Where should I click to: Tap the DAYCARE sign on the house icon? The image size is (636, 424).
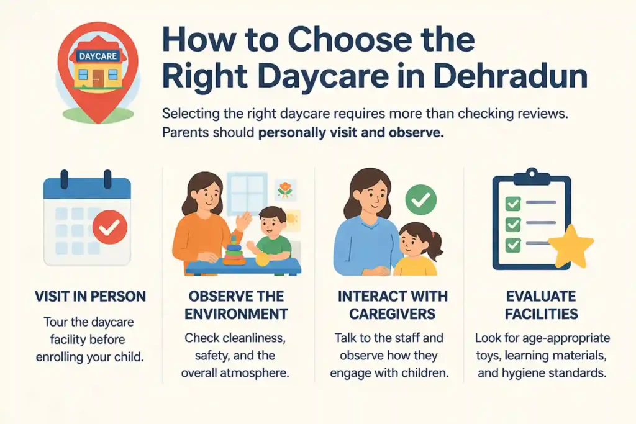click(x=96, y=56)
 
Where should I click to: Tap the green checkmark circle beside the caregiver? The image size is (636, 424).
click(x=420, y=199)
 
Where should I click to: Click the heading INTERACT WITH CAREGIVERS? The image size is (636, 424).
click(x=388, y=305)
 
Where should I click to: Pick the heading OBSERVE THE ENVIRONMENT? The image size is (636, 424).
click(x=236, y=305)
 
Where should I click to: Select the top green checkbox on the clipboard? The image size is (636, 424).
click(x=513, y=202)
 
